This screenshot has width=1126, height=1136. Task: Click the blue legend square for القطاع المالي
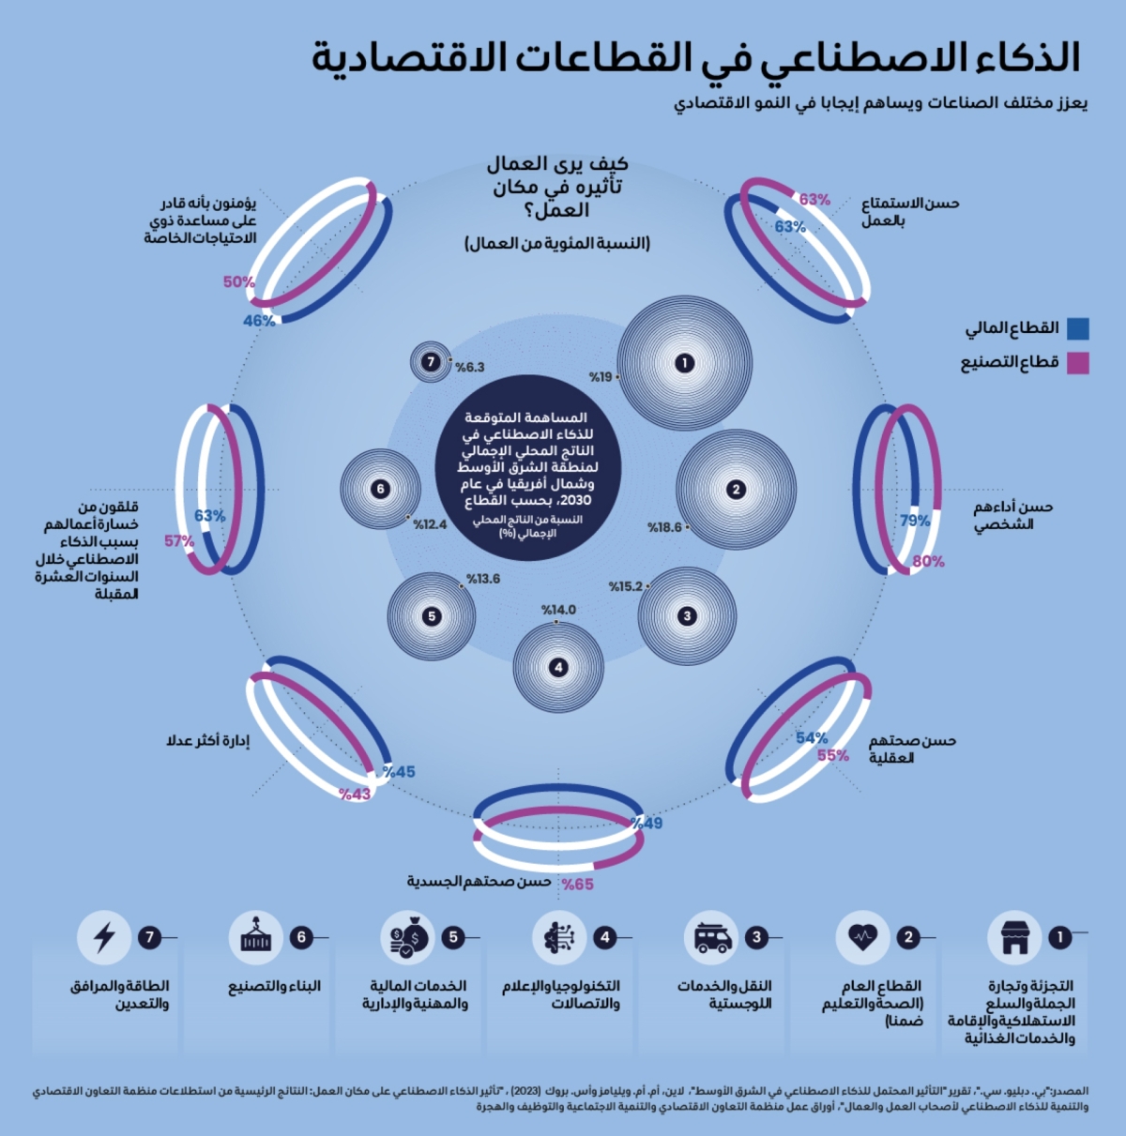(x=1078, y=328)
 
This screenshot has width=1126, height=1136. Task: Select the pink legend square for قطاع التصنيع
(x=1078, y=363)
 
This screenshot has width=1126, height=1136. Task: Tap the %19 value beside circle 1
(x=601, y=377)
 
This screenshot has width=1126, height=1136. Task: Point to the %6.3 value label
(x=469, y=367)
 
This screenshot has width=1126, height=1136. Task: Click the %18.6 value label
(x=665, y=528)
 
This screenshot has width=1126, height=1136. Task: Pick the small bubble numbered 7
(x=431, y=362)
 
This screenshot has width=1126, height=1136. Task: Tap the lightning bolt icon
(x=104, y=937)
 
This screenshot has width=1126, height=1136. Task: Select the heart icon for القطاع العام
(x=861, y=936)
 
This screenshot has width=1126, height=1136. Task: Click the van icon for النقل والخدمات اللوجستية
(x=712, y=937)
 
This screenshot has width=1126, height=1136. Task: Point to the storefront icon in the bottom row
(x=1014, y=937)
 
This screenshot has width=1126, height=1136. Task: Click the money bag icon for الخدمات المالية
(x=408, y=937)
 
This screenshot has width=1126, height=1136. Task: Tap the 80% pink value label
(x=928, y=562)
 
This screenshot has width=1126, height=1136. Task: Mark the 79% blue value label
(x=915, y=521)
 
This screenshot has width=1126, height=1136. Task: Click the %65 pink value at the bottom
(x=578, y=884)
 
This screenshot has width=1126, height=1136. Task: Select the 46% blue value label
(x=259, y=321)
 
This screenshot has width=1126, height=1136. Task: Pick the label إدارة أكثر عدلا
(x=208, y=741)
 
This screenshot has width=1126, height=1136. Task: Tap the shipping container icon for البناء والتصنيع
(x=255, y=937)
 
